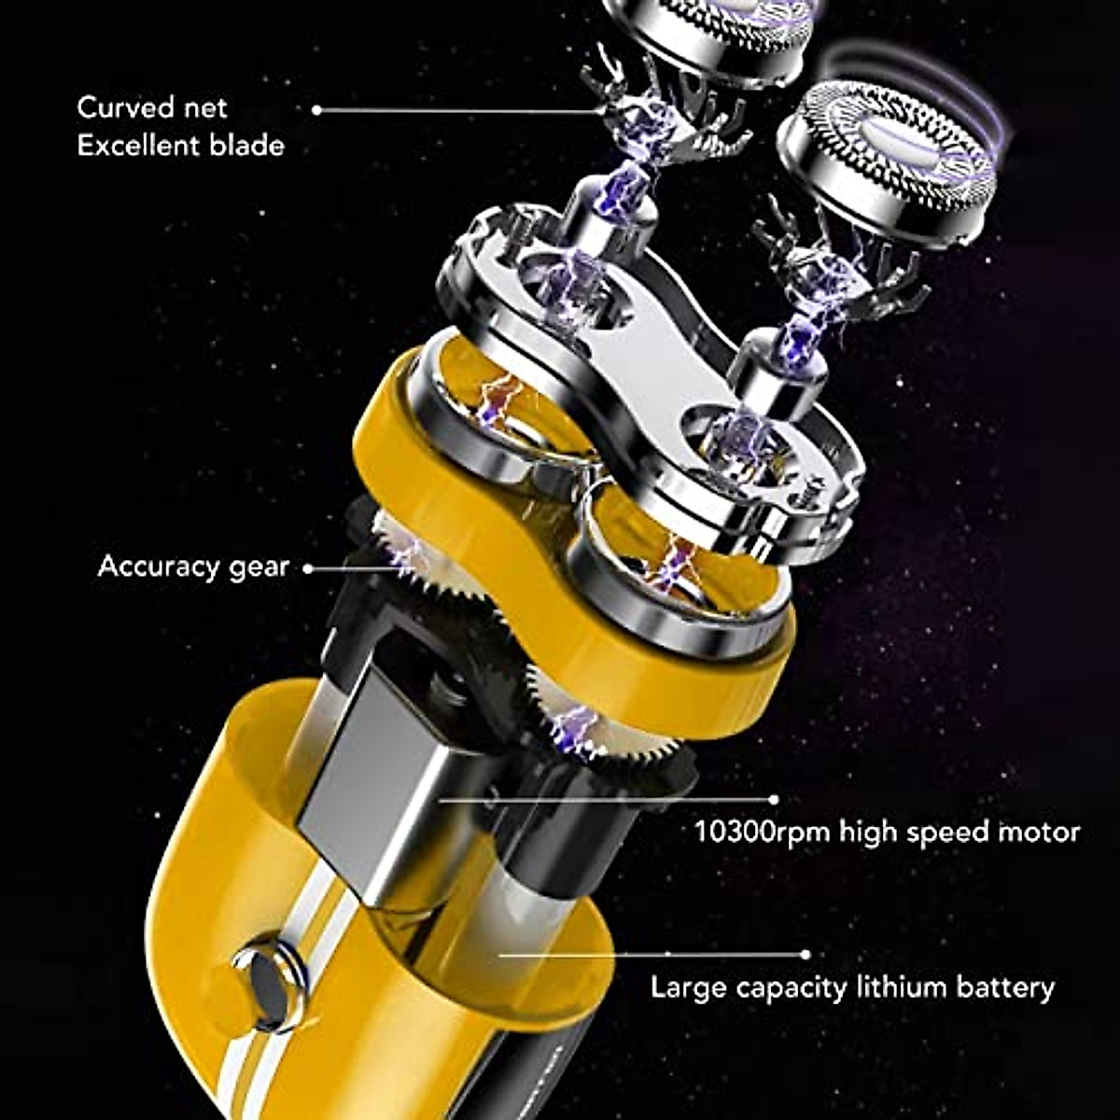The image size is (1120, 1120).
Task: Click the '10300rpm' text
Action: click(761, 831)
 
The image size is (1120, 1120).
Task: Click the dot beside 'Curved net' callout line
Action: click(317, 109)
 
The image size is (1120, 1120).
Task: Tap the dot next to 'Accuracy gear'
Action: click(308, 567)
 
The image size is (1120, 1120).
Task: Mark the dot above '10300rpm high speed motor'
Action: click(773, 800)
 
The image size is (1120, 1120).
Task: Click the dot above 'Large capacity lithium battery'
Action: click(805, 955)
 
